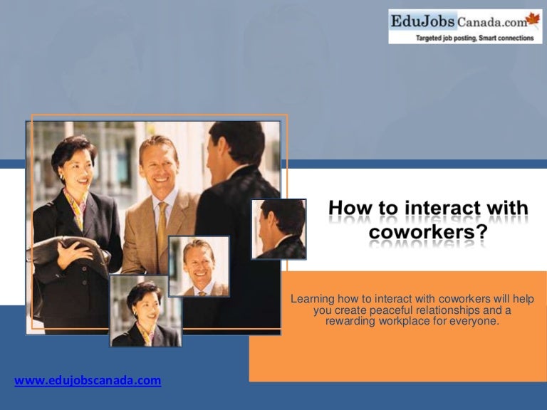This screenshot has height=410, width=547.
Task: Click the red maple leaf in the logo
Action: [x=533, y=19]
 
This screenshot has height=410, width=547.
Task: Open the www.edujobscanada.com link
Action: [x=88, y=381]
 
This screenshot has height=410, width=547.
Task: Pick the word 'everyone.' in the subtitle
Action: [x=476, y=321]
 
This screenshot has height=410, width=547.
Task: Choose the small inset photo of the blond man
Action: [x=199, y=266]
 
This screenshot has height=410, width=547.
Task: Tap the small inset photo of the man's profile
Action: [x=278, y=228]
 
